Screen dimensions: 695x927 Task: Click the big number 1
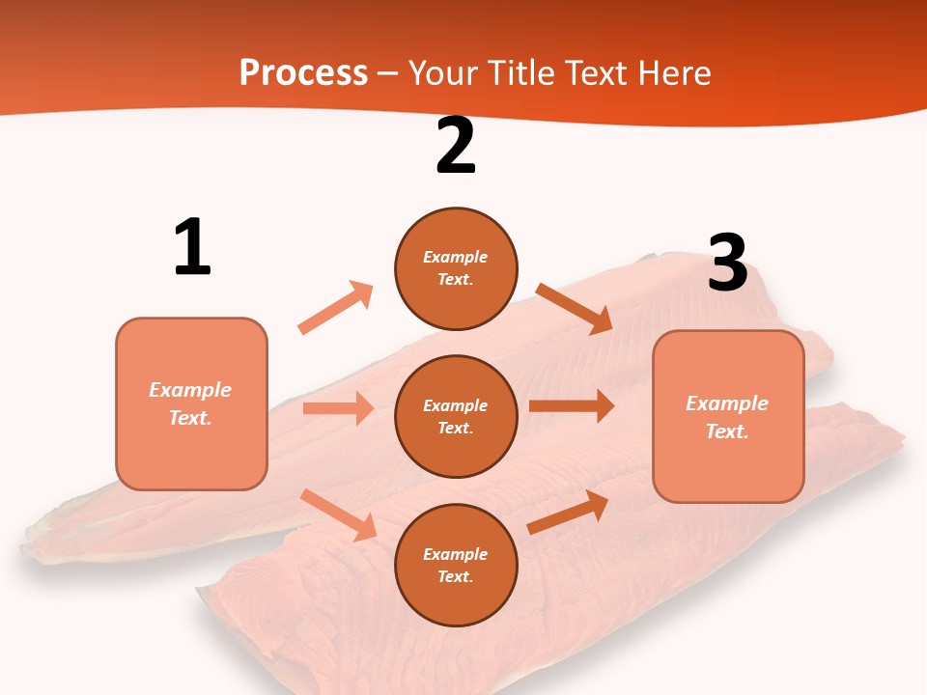click(192, 248)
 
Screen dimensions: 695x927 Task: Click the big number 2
click(456, 147)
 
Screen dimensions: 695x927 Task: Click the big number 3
click(727, 263)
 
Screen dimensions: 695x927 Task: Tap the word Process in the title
click(303, 72)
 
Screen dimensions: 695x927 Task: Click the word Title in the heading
click(521, 72)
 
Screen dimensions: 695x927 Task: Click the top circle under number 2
click(456, 268)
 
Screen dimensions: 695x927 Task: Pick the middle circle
click(456, 416)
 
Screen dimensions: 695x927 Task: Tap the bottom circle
click(456, 565)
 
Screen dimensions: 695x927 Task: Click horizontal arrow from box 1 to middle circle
click(338, 408)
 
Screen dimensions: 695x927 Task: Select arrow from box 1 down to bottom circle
click(338, 514)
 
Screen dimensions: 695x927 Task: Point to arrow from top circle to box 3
click(575, 308)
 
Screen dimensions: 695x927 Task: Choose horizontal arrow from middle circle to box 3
click(572, 405)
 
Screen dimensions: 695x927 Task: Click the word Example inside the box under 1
click(190, 390)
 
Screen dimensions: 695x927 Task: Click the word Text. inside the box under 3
click(727, 431)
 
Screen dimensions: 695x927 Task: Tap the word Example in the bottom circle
click(456, 554)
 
